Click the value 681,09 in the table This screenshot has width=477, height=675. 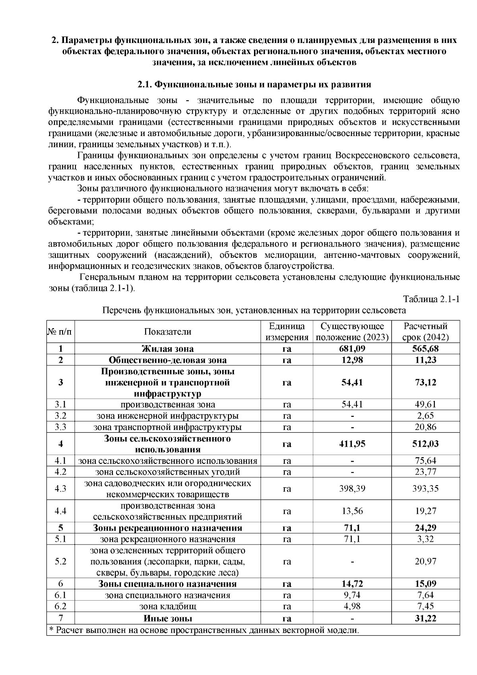point(352,349)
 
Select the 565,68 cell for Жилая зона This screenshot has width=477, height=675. point(425,349)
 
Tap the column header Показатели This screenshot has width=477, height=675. point(167,332)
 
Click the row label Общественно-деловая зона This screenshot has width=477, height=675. point(167,360)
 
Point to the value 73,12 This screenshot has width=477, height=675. point(425,382)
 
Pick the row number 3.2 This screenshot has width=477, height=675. point(60,416)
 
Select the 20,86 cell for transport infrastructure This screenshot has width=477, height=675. point(425,427)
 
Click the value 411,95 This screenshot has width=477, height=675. point(352,444)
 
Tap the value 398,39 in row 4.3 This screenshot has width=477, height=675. point(352,488)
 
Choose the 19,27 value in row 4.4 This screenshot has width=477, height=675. point(425,511)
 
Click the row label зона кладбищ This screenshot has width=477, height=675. point(167,607)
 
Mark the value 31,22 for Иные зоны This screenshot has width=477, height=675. point(425,619)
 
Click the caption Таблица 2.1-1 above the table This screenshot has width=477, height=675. point(431,299)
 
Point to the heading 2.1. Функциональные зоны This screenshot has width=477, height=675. point(254,85)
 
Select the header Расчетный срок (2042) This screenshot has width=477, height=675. point(425,332)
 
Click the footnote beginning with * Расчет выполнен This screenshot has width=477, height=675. point(203,630)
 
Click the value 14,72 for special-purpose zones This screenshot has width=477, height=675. point(352,584)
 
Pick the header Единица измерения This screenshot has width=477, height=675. point(287,332)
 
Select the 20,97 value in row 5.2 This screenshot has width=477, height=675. point(425,562)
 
